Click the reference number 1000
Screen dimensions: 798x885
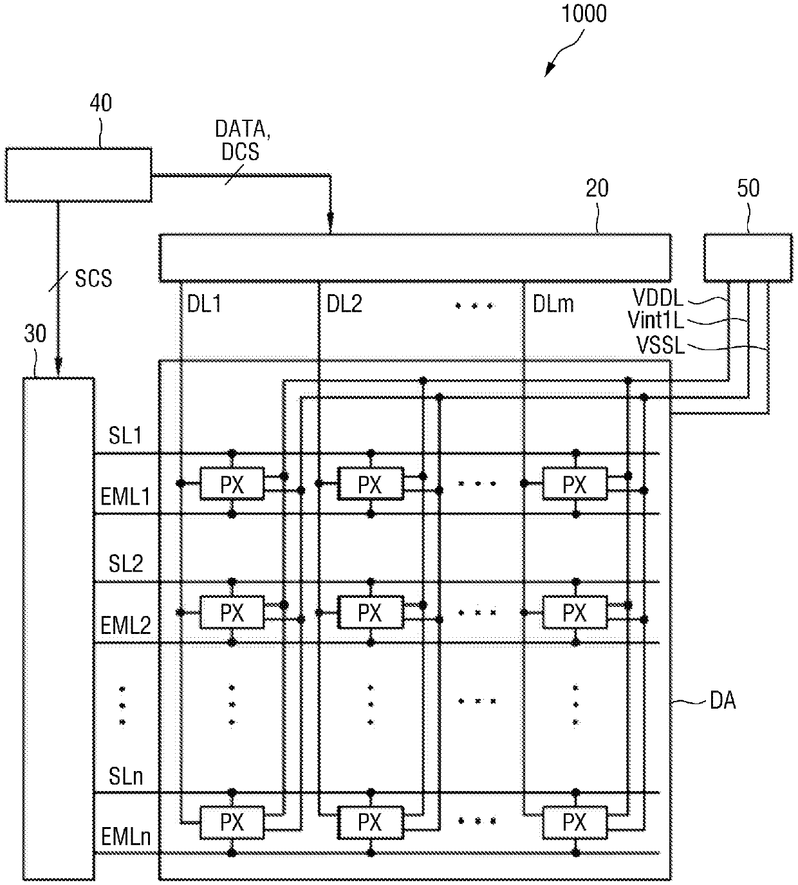(x=584, y=14)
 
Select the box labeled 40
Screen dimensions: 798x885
(x=79, y=175)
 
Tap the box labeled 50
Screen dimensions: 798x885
(x=748, y=257)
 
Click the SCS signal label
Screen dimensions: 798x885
(x=93, y=279)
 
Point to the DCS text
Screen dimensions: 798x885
(x=241, y=152)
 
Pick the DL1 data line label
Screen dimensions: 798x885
(x=204, y=304)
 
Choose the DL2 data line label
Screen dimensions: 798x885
(x=344, y=304)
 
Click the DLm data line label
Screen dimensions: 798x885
(x=553, y=304)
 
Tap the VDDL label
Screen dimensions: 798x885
(x=658, y=298)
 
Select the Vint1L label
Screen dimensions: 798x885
(x=656, y=321)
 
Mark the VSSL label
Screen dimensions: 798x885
(x=660, y=345)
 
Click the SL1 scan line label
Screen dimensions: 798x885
(x=125, y=436)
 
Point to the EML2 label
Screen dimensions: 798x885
(x=125, y=626)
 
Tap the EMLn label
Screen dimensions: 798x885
(x=126, y=837)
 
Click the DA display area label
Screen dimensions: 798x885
(x=723, y=700)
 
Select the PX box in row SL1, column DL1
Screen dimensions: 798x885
(x=232, y=483)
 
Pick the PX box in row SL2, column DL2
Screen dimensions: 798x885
(x=371, y=612)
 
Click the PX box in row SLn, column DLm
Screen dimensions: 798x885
(x=575, y=823)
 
